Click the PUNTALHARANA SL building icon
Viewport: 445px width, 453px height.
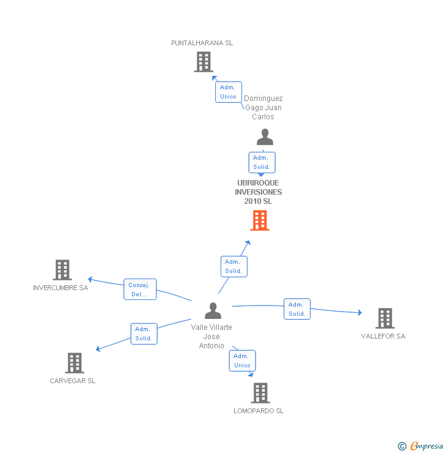[204, 62]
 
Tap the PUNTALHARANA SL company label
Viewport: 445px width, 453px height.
[202, 43]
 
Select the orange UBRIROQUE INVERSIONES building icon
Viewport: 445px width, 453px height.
[260, 220]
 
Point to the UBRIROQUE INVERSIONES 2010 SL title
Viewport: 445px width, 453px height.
[259, 192]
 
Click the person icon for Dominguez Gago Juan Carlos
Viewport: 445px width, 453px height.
[265, 137]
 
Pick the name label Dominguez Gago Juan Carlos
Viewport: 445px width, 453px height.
[263, 108]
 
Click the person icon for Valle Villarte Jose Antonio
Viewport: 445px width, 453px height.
[213, 311]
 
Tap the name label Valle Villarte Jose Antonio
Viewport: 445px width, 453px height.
[211, 337]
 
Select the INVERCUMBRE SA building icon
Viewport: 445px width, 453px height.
[62, 270]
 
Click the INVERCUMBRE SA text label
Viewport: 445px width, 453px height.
[61, 288]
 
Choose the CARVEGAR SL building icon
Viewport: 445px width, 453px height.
[74, 363]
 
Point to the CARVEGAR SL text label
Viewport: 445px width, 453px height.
[73, 381]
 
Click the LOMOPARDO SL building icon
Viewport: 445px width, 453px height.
[260, 393]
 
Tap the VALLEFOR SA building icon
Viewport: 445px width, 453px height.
[384, 318]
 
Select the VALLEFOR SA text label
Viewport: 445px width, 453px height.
[383, 336]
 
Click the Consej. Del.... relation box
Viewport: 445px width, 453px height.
[140, 290]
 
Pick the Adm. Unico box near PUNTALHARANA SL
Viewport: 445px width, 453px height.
[228, 92]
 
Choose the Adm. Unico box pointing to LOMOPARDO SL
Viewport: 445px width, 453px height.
[242, 361]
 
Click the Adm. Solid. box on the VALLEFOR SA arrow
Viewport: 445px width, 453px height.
[297, 309]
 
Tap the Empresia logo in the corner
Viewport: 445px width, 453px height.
[421, 446]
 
